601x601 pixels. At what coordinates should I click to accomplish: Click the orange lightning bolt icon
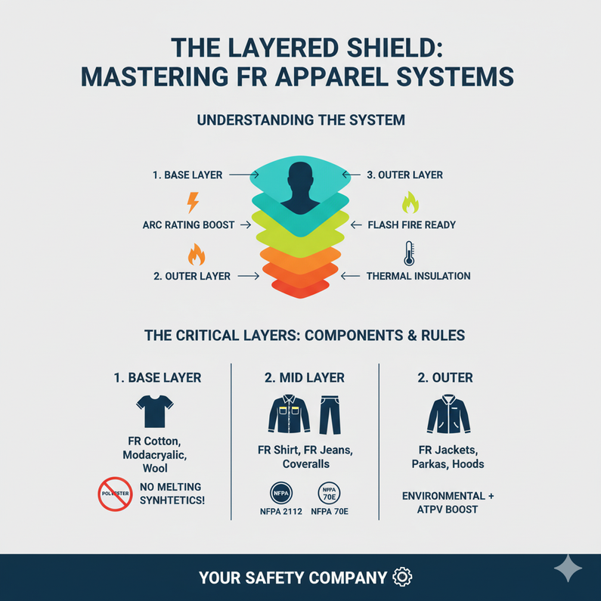pos(193,202)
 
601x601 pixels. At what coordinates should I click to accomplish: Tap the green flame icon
pos(409,202)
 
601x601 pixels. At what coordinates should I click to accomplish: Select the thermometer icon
pos(409,252)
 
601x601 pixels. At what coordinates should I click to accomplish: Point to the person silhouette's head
pos(301,175)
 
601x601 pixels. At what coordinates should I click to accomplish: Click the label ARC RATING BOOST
pos(188,225)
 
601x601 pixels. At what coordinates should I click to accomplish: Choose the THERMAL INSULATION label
pos(418,276)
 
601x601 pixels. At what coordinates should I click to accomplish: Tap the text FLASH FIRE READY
pos(411,225)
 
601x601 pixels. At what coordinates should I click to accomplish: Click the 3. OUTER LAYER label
pos(404,175)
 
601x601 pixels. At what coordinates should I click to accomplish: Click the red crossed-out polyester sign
pos(116,494)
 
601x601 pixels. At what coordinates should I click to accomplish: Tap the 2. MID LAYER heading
pos(304,376)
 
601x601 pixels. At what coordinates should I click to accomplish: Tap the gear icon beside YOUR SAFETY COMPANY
pos(403,578)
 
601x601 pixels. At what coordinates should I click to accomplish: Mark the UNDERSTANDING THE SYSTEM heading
pos(301,119)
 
